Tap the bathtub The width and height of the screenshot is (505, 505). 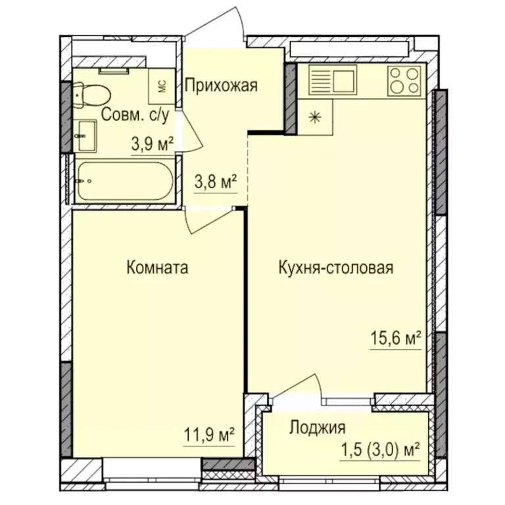[124, 179]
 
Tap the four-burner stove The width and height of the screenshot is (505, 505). [403, 81]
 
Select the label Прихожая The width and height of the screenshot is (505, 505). [220, 85]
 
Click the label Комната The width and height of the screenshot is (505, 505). [156, 268]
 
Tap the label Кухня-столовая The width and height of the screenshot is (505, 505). [335, 268]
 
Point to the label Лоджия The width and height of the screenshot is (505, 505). [317, 429]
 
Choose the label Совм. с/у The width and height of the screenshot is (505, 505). [137, 116]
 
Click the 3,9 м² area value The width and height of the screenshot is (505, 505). [152, 144]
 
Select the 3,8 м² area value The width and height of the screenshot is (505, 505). [214, 182]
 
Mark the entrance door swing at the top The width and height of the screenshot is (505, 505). [228, 26]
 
